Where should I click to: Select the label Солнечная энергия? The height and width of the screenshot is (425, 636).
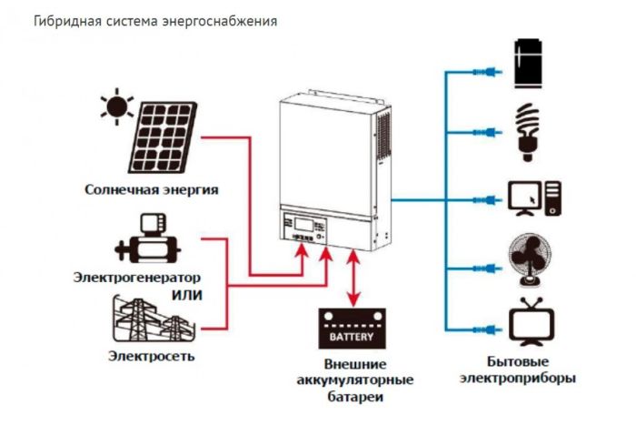coord(153,190)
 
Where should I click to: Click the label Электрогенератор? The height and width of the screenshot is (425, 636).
coord(137,277)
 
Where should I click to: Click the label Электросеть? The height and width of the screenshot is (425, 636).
coord(152,356)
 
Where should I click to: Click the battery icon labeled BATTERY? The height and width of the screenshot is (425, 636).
coord(352,329)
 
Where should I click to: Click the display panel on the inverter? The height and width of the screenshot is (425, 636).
coord(303,222)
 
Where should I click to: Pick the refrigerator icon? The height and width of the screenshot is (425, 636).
coord(528,64)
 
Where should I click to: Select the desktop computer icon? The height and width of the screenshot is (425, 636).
coord(533,197)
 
